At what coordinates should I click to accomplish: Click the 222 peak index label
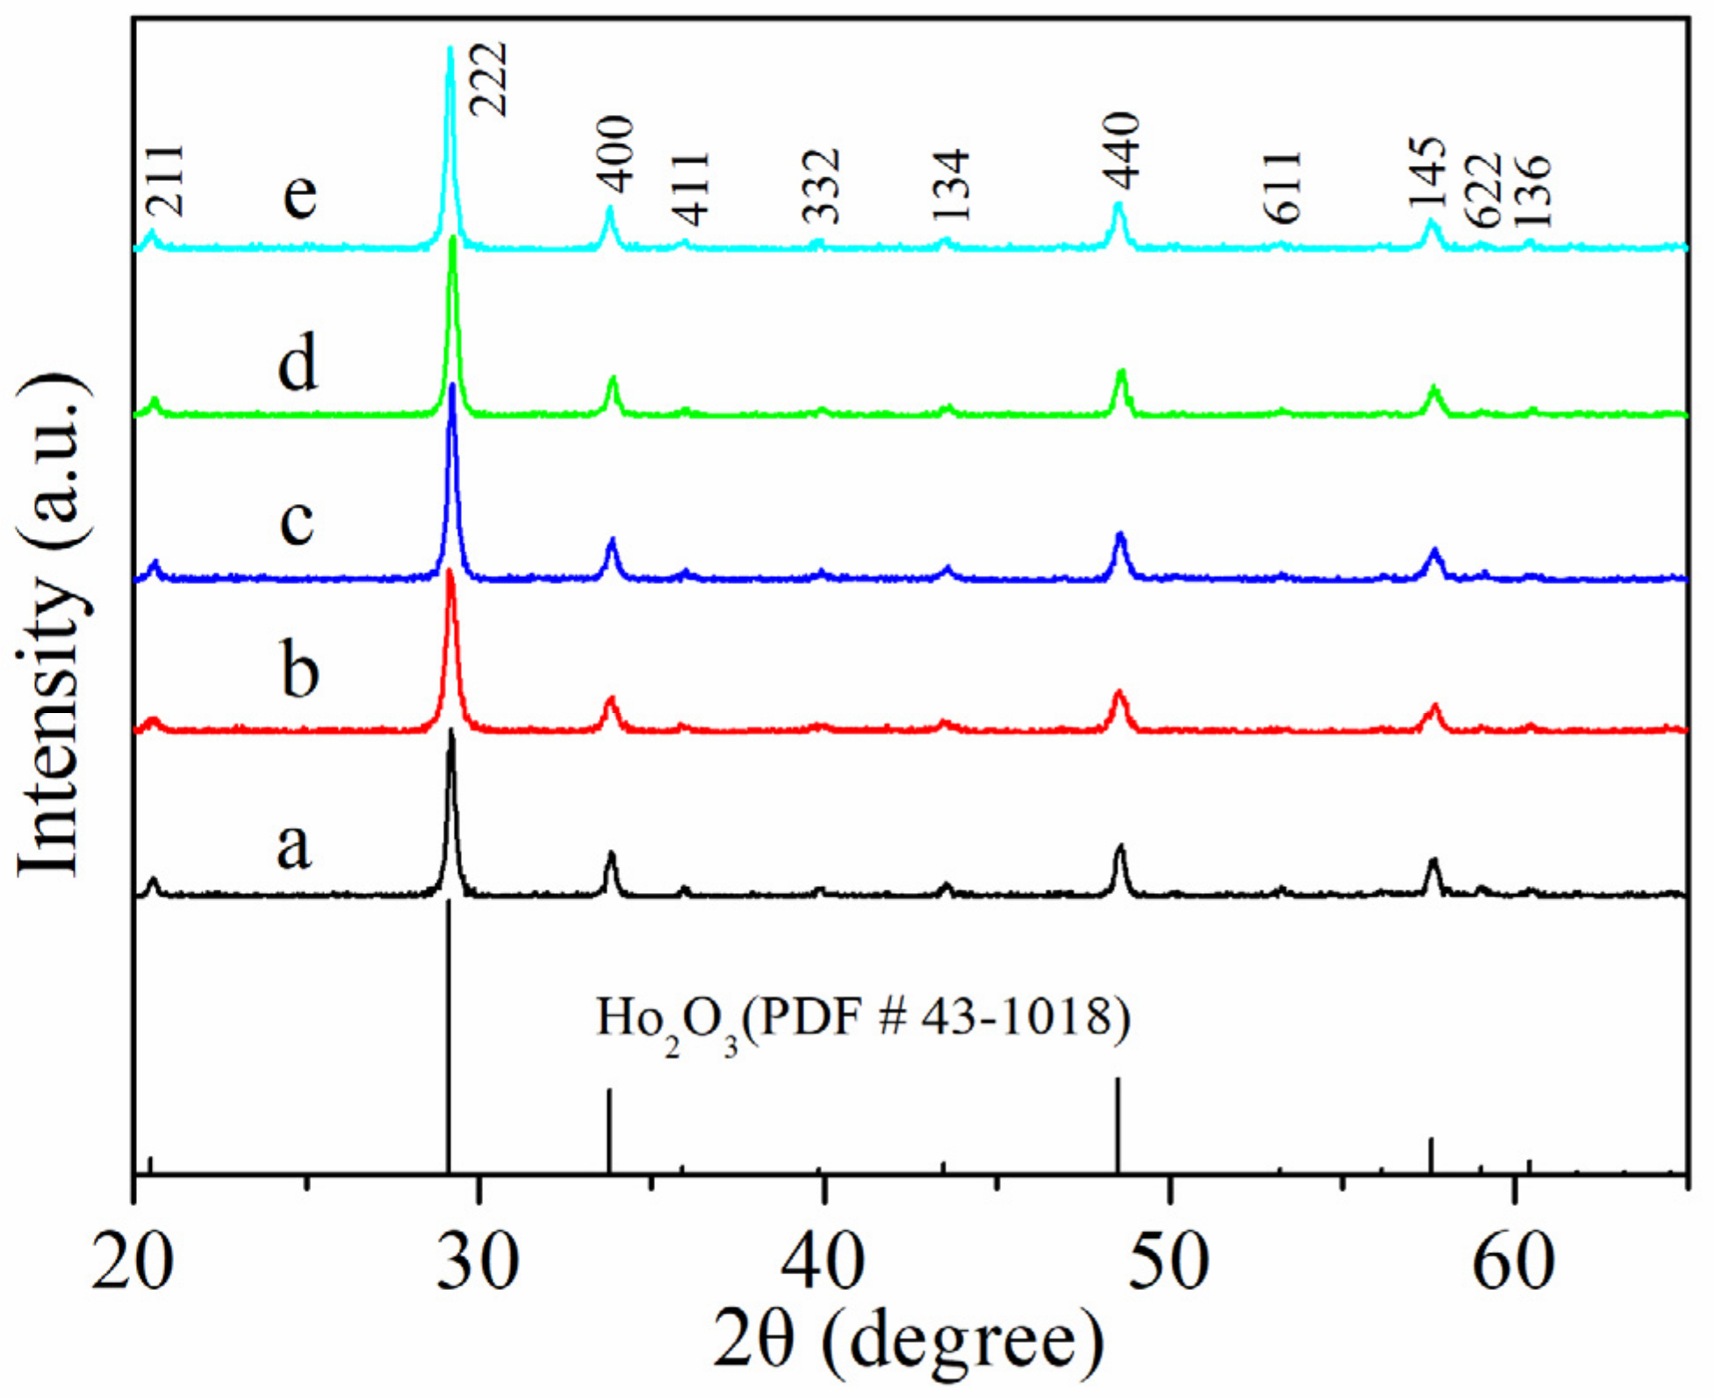pos(488,79)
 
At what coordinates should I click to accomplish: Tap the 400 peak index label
pos(616,154)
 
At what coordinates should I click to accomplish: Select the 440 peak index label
pos(1121,151)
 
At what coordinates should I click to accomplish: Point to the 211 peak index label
pos(165,181)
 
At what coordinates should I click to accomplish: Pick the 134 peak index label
pos(951,185)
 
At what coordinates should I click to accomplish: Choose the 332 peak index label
pos(823,186)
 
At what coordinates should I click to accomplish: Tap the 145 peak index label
pos(1427,173)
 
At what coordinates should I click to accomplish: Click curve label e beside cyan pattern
pos(299,192)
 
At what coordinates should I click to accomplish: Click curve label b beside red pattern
pos(299,669)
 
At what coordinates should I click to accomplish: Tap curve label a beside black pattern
pos(294,845)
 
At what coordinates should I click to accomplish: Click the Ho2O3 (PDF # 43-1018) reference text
pos(863,1022)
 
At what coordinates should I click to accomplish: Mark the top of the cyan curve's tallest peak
pos(450,49)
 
